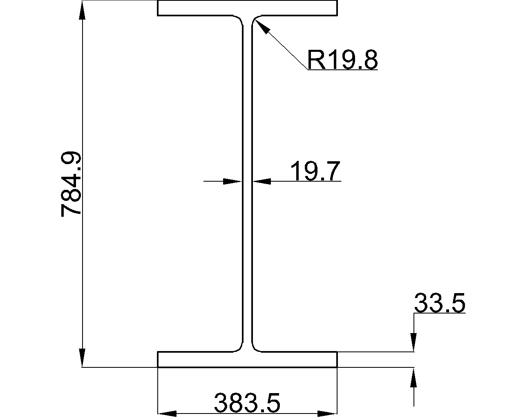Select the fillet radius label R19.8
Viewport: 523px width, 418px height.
(x=342, y=59)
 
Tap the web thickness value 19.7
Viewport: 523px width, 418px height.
(x=315, y=171)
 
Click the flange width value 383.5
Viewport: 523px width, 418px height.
(x=247, y=403)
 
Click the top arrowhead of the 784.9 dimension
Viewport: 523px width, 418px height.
(x=83, y=10)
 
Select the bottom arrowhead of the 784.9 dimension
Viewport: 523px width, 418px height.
(x=82, y=357)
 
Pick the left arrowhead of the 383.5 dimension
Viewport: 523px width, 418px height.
(x=167, y=414)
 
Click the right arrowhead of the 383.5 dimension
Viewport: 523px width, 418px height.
(x=327, y=414)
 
